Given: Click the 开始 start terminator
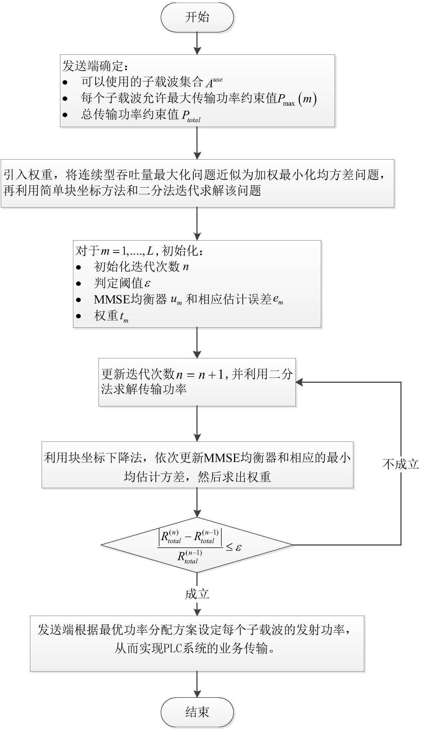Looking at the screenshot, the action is pos(197,17).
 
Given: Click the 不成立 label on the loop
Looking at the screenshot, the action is pos(401,464).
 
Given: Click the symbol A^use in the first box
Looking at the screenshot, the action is pos(214,82).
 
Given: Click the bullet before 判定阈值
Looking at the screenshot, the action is pos(78,283).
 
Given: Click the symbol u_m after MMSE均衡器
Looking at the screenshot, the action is pos(176,300).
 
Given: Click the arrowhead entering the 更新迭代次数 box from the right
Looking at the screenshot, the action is pos(299,382).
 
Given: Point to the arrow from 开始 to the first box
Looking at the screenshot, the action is pos(197,43).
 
